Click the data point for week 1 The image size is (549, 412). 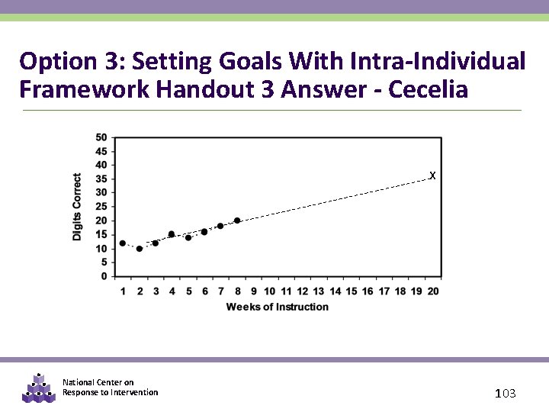pos(123,243)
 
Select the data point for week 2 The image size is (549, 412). pos(140,249)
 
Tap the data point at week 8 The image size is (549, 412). pos(237,220)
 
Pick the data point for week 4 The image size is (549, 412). pos(172,234)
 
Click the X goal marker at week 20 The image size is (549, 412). pos(432,176)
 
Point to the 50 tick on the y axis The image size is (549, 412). pos(101,137)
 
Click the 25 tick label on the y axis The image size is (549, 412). pos(101,207)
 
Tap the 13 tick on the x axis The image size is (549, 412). pos(319,291)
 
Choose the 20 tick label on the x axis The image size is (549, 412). pos(432,291)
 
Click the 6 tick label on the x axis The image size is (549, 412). pos(204,291)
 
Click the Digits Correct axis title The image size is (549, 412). pos(77,207)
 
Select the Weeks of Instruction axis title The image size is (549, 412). pos(278,307)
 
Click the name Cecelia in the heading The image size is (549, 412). pos(428,89)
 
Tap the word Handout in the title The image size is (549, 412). pos(207,89)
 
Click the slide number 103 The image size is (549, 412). pos(506,394)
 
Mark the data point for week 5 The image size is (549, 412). pos(188,237)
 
